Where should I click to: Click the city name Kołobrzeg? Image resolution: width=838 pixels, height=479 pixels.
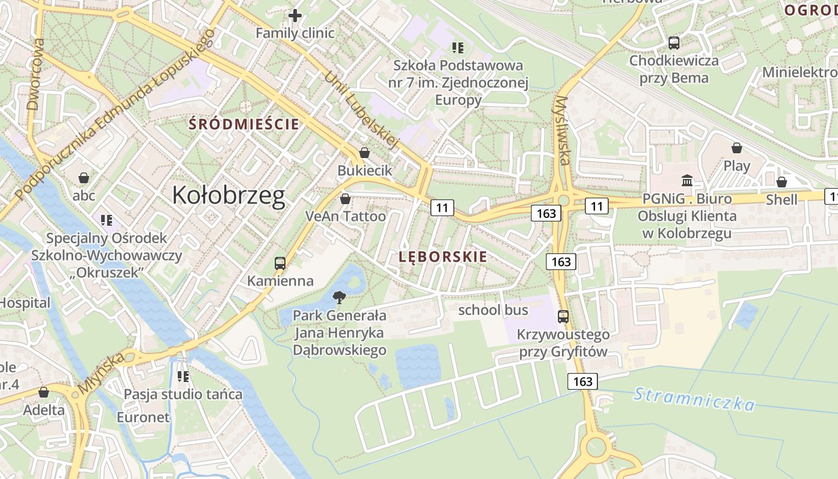pos(228,196)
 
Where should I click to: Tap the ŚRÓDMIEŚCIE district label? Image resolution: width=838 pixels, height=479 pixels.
pos(244,125)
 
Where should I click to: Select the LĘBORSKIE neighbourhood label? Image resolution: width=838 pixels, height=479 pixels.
pos(443,257)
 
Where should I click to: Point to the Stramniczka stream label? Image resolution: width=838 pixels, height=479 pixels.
pos(694,399)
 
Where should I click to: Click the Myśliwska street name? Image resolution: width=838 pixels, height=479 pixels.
pos(563,131)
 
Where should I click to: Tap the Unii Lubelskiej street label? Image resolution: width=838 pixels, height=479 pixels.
pos(361,111)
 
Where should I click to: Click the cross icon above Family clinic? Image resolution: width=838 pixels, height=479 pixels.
pos(295,15)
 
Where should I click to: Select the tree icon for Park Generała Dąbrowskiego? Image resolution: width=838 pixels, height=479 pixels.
pos(339,297)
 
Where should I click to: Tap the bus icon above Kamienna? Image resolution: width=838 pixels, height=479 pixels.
pos(280,263)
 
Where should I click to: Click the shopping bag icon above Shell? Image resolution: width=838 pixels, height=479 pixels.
pos(781,181)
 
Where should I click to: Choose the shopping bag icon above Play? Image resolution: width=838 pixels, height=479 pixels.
pos(737,148)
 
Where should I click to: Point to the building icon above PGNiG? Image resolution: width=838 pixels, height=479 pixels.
pos(687,180)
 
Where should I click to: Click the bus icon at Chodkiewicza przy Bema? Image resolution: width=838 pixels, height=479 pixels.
pos(674,43)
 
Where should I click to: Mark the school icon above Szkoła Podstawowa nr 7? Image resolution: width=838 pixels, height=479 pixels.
pos(458,47)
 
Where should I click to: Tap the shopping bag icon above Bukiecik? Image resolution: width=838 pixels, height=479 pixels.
pos(364,153)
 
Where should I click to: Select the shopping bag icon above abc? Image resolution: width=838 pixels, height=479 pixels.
pos(84,178)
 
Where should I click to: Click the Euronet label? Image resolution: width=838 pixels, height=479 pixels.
pos(144,417)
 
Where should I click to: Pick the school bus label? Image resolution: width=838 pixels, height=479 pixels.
pos(493,310)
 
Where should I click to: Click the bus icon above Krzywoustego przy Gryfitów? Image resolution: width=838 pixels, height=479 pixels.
pos(563,317)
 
